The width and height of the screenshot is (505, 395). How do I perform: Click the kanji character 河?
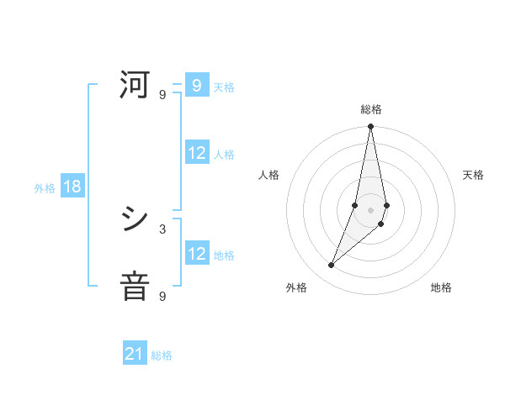point(136,86)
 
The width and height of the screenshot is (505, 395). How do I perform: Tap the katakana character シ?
point(136,219)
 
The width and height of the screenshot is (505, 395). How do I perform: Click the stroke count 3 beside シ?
point(162,229)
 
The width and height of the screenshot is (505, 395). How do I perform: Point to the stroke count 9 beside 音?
point(162,297)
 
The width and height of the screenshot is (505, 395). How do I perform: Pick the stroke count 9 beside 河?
point(162,95)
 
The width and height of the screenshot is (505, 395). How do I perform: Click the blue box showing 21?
point(135,354)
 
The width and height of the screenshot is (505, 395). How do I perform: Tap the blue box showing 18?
point(72,187)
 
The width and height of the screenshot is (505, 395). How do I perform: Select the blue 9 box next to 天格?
point(197,86)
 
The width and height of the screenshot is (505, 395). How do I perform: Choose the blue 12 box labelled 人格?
point(197,153)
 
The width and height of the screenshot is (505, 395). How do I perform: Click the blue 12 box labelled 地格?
point(197,254)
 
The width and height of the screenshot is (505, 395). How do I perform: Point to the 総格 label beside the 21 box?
point(162,355)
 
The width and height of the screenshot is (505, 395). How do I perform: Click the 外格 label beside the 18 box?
point(45,188)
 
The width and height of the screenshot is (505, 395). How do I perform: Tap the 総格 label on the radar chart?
point(371,109)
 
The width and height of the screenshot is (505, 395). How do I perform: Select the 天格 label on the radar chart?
point(473,175)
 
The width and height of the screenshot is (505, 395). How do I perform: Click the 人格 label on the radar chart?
point(269,175)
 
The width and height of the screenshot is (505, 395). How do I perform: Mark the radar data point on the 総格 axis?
point(371,127)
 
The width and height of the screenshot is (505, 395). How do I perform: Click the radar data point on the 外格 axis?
point(332,266)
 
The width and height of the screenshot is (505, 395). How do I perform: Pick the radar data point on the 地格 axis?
point(381,224)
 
